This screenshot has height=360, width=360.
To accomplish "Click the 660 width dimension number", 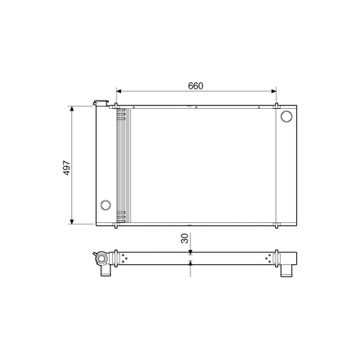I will (x=195, y=86).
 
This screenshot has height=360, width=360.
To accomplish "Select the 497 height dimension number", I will (x=67, y=168).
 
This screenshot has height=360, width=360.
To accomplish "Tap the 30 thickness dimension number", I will (x=185, y=238).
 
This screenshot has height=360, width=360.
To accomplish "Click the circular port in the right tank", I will (x=287, y=116).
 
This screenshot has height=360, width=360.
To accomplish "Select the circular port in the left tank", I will (x=105, y=205).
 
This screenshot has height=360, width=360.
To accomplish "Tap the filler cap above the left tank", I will (x=100, y=103).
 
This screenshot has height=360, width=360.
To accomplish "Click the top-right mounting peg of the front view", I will (x=276, y=106).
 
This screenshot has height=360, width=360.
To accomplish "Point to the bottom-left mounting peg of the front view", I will (x=116, y=225).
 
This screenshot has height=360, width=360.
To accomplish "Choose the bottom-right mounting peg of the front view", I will (x=276, y=225).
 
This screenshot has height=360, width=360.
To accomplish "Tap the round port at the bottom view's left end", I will (x=102, y=258).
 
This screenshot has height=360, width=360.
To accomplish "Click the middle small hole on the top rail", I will (x=196, y=107).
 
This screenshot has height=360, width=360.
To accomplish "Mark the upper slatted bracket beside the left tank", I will (x=121, y=114).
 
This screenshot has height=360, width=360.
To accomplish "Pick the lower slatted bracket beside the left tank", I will (x=121, y=217).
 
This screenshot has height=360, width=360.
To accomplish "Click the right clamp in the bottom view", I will (x=276, y=258).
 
